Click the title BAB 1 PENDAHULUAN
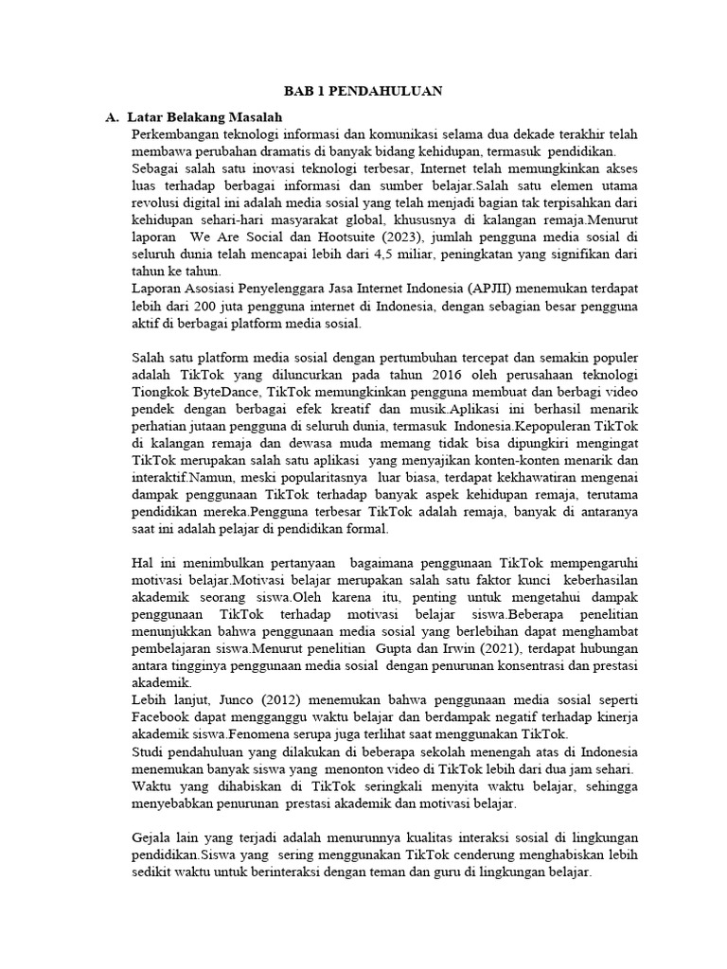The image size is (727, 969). click(363, 92)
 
